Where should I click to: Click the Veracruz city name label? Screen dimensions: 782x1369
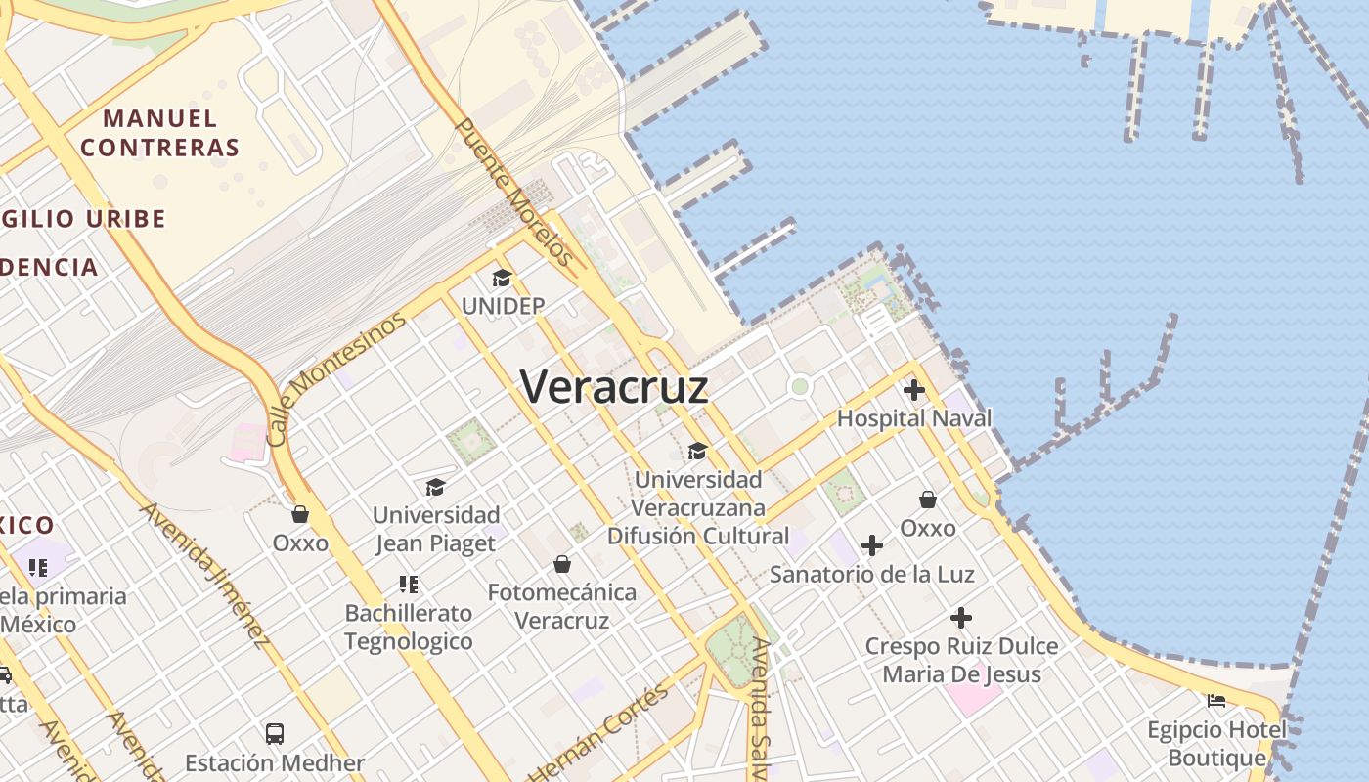pyautogui.click(x=614, y=387)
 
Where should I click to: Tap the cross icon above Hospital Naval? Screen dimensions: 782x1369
pyautogui.click(x=914, y=391)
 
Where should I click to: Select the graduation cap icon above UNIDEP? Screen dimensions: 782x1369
pyautogui.click(x=502, y=279)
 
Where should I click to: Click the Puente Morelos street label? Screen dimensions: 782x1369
pyautogui.click(x=513, y=193)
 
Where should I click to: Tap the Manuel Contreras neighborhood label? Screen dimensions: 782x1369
pyautogui.click(x=159, y=133)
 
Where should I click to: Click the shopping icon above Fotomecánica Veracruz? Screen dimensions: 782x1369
pyautogui.click(x=562, y=564)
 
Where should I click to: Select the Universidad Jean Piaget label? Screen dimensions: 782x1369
pyautogui.click(x=436, y=529)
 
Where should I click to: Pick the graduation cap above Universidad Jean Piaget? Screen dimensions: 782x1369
pyautogui.click(x=435, y=487)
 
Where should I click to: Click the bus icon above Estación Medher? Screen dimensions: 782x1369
pyautogui.click(x=275, y=733)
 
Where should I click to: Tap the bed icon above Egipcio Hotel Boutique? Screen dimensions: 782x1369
pyautogui.click(x=1216, y=700)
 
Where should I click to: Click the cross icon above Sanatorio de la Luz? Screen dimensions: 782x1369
pyautogui.click(x=872, y=545)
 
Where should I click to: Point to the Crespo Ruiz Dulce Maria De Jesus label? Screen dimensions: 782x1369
pyautogui.click(x=961, y=660)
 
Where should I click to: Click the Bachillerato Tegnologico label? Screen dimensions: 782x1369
pyautogui.click(x=408, y=627)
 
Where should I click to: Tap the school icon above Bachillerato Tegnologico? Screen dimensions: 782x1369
pyautogui.click(x=409, y=585)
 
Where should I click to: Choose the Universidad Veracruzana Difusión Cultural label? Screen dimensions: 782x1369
pyautogui.click(x=697, y=507)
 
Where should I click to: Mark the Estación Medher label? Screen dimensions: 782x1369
pyautogui.click(x=275, y=763)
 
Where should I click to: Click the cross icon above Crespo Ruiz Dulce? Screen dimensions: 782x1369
pyautogui.click(x=961, y=618)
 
